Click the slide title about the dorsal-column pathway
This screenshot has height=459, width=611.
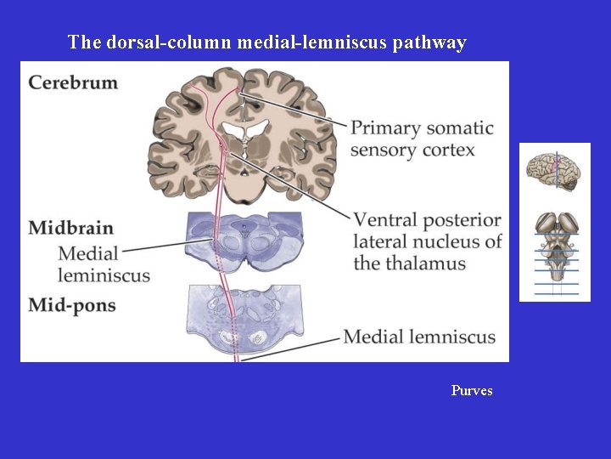(x=266, y=42)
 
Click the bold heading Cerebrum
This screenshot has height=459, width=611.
(x=73, y=83)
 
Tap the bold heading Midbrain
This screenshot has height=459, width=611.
(x=70, y=228)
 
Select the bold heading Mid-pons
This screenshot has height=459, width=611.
(x=71, y=304)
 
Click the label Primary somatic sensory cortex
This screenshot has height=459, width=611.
(x=422, y=139)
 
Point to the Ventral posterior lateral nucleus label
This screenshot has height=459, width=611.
(x=427, y=241)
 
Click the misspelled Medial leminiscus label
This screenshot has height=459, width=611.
(x=104, y=264)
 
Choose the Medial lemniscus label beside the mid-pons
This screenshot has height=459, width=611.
(x=419, y=337)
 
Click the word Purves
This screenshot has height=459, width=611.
(x=472, y=391)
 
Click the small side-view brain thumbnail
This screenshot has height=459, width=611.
(x=554, y=173)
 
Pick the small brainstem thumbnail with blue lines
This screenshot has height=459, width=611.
(x=556, y=255)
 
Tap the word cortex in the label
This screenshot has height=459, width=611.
(x=447, y=150)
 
